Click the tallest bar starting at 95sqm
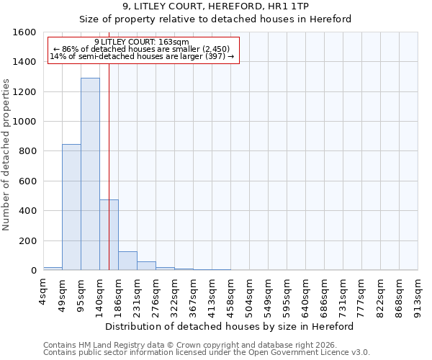point(90,174)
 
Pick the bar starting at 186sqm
point(127,261)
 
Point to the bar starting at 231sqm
point(146,266)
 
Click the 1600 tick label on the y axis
point(24,32)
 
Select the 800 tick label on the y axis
point(27,151)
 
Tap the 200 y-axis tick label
point(27,240)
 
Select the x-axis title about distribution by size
point(230,326)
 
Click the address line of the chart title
point(215,6)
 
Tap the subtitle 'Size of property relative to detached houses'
point(215,19)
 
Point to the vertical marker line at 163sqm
point(109,180)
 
